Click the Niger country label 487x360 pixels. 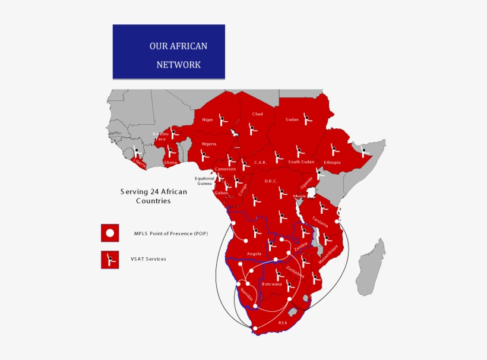207,120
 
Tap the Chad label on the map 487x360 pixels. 257,114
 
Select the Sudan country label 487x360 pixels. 292,119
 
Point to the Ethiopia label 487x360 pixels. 332,162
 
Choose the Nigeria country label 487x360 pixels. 208,144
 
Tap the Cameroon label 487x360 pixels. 225,169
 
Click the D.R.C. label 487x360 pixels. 271,181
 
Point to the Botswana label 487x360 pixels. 271,285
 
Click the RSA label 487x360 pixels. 283,323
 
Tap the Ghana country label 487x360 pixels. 170,162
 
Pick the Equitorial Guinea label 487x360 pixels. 204,181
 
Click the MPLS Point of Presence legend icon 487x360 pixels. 110,233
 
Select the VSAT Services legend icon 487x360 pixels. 110,259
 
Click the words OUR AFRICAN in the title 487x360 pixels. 178,46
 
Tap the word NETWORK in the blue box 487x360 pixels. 178,65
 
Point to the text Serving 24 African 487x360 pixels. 145,191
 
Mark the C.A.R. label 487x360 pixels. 260,162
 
